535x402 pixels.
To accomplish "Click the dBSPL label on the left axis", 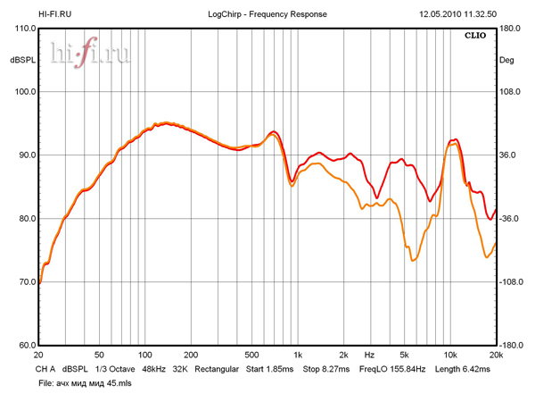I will click(21, 61).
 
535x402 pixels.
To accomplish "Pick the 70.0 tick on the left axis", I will click(24, 282).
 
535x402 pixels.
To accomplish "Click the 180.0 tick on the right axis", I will click(510, 29).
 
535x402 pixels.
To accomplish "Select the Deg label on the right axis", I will click(506, 61).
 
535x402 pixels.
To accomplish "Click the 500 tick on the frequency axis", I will click(251, 355).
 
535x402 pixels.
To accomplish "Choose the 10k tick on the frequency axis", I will click(450, 355).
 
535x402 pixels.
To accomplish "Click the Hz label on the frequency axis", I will click(368, 355).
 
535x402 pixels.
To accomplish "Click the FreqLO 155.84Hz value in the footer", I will click(392, 368).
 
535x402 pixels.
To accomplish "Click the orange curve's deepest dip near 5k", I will click(412, 261).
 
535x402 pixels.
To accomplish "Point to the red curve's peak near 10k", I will click(456, 139).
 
